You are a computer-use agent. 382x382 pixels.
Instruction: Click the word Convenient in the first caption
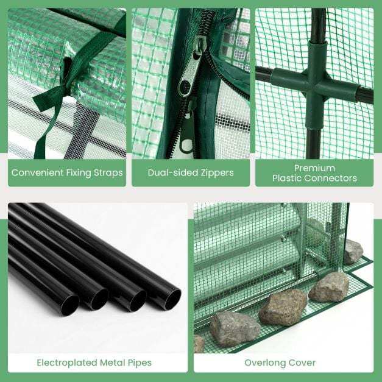(x=37, y=173)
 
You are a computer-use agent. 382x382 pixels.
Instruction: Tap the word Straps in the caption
(x=108, y=173)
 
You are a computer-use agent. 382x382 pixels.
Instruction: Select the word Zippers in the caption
(x=217, y=173)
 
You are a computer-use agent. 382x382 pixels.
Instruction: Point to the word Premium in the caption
(x=314, y=168)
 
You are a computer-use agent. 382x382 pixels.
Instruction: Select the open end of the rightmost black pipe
(x=172, y=299)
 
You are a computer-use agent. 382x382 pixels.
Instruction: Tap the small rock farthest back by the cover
(x=353, y=252)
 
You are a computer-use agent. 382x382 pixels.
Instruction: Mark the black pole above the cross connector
(x=318, y=24)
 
